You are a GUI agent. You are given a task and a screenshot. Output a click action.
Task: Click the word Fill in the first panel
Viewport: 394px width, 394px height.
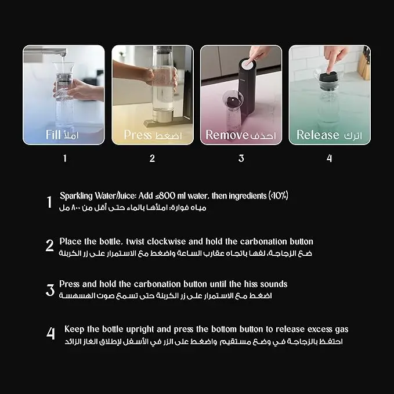53,135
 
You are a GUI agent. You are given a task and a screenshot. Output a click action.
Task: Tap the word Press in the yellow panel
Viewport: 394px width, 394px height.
138,135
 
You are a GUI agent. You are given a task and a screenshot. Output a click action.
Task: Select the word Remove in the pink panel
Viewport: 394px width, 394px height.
227,135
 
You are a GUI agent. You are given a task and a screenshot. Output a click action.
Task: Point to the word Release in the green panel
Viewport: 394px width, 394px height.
317,135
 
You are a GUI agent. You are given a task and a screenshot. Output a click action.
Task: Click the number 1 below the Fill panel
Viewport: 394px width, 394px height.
65,158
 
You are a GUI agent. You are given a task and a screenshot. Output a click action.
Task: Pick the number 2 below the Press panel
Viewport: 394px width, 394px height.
152,158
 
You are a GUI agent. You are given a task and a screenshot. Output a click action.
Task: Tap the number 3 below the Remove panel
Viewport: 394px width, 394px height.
241,158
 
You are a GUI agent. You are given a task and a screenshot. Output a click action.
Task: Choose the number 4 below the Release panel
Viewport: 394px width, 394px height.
329,158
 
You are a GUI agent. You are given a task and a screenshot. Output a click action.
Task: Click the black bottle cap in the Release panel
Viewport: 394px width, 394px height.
328,78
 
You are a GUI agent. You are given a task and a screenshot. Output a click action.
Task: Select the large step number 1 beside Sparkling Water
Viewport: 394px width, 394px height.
49,202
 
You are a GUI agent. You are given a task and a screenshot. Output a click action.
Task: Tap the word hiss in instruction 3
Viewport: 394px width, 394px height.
251,284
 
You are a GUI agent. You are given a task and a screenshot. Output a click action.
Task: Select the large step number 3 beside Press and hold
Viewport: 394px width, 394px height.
50,290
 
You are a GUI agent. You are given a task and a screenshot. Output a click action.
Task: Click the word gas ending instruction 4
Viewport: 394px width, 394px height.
342,330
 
